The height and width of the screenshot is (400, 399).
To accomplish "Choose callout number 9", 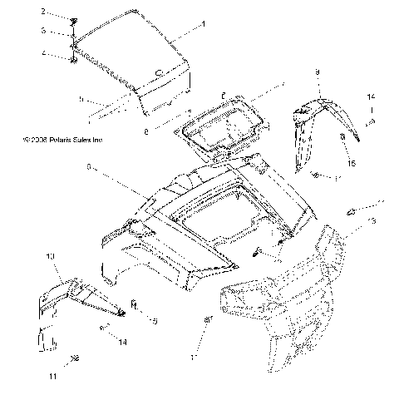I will tap(317, 73).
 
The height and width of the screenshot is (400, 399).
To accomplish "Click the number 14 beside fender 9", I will tap(372, 98).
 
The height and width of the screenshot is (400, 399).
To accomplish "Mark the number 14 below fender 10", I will tap(122, 342).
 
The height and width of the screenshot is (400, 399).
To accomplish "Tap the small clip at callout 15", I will tap(342, 136).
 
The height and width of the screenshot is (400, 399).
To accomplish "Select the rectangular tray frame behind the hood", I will tap(221, 125).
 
